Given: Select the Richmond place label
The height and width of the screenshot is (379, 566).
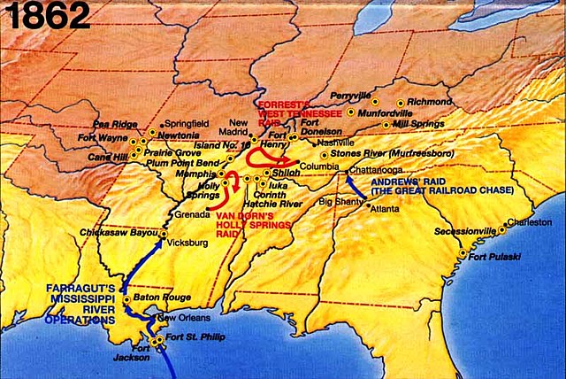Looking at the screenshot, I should point(430,102).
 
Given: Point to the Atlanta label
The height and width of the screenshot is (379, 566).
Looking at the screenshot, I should point(384,209).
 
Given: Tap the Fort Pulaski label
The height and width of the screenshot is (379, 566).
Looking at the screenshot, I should point(492,257).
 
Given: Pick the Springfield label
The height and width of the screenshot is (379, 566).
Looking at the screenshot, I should point(186,123).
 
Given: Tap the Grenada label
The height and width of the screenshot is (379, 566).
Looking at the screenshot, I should point(191,214).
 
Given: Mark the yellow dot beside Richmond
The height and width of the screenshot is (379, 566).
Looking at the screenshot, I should point(401,103).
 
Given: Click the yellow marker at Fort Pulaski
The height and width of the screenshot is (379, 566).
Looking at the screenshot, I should point(463,253).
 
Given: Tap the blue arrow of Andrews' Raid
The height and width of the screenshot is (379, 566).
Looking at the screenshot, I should point(359,188).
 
